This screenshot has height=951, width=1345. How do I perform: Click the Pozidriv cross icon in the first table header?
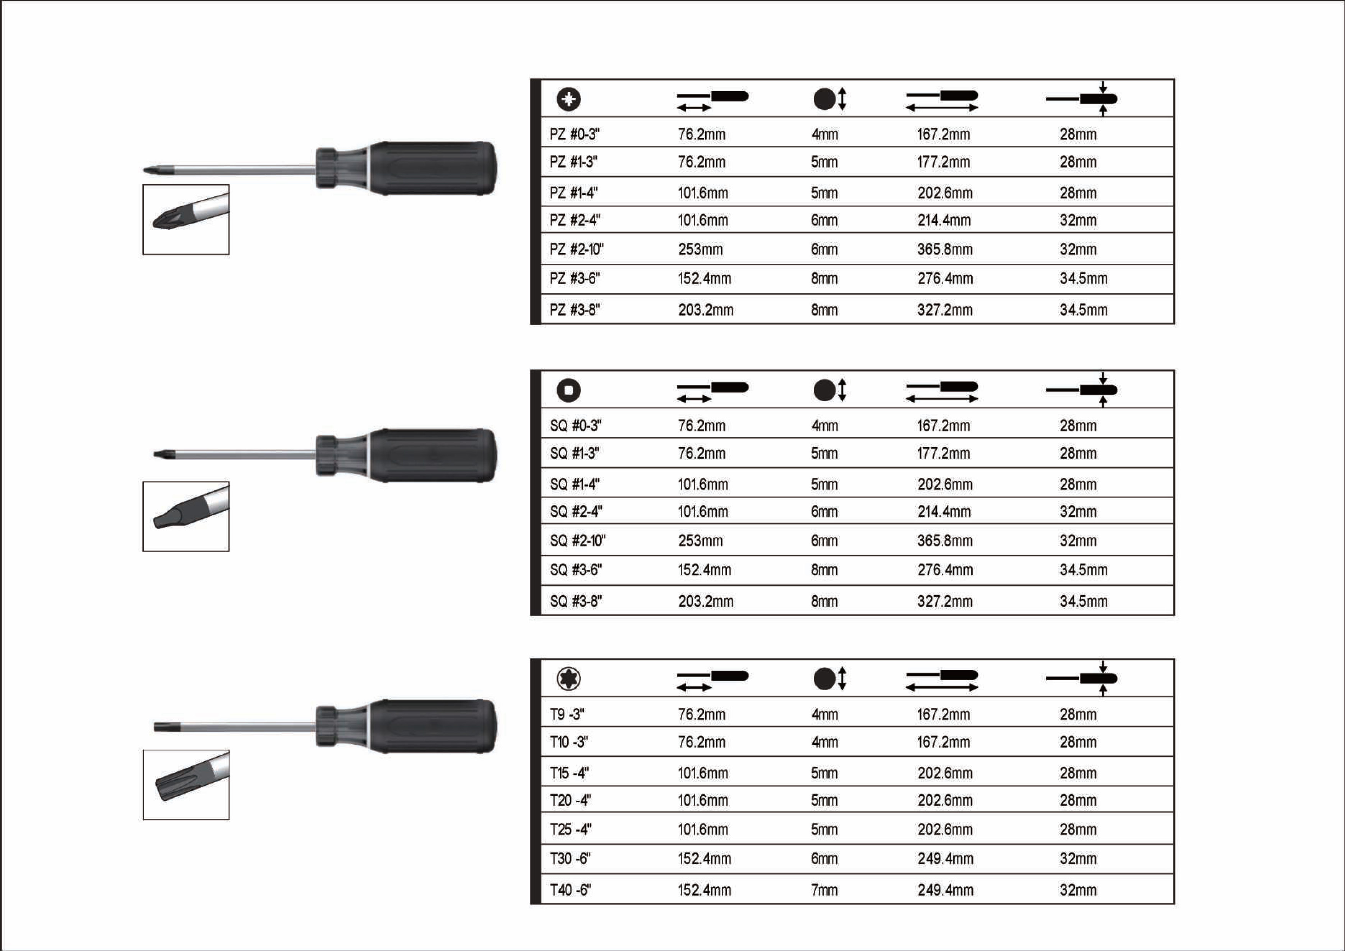coord(568,99)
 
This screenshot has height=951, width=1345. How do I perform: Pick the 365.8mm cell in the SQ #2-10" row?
coord(945,541)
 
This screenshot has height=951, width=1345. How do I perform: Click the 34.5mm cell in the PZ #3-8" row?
coord(1084,310)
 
